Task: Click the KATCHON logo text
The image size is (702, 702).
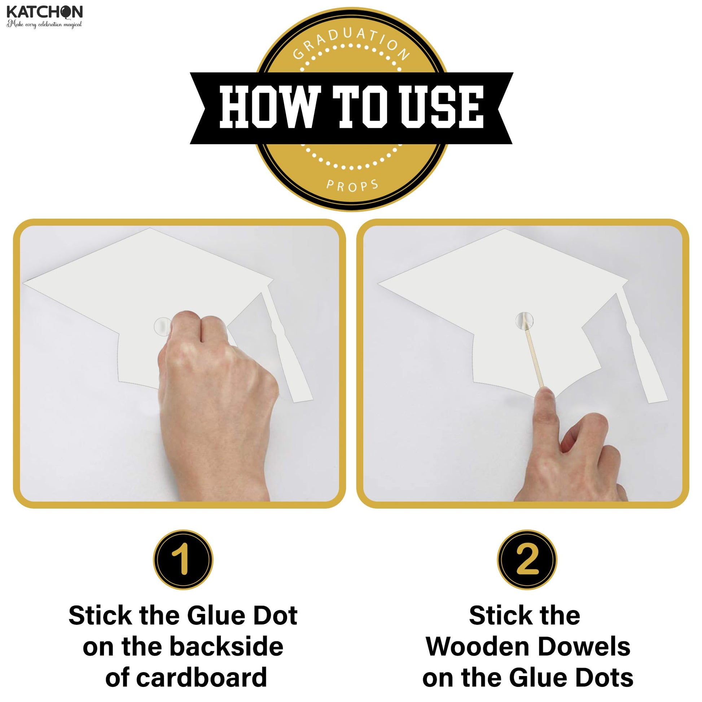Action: click(x=44, y=12)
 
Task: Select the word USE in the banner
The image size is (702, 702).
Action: click(x=442, y=107)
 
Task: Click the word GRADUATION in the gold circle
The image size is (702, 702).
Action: click(x=351, y=43)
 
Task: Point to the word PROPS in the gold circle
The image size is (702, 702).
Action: click(x=352, y=185)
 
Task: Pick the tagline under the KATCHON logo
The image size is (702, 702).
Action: click(x=44, y=24)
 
